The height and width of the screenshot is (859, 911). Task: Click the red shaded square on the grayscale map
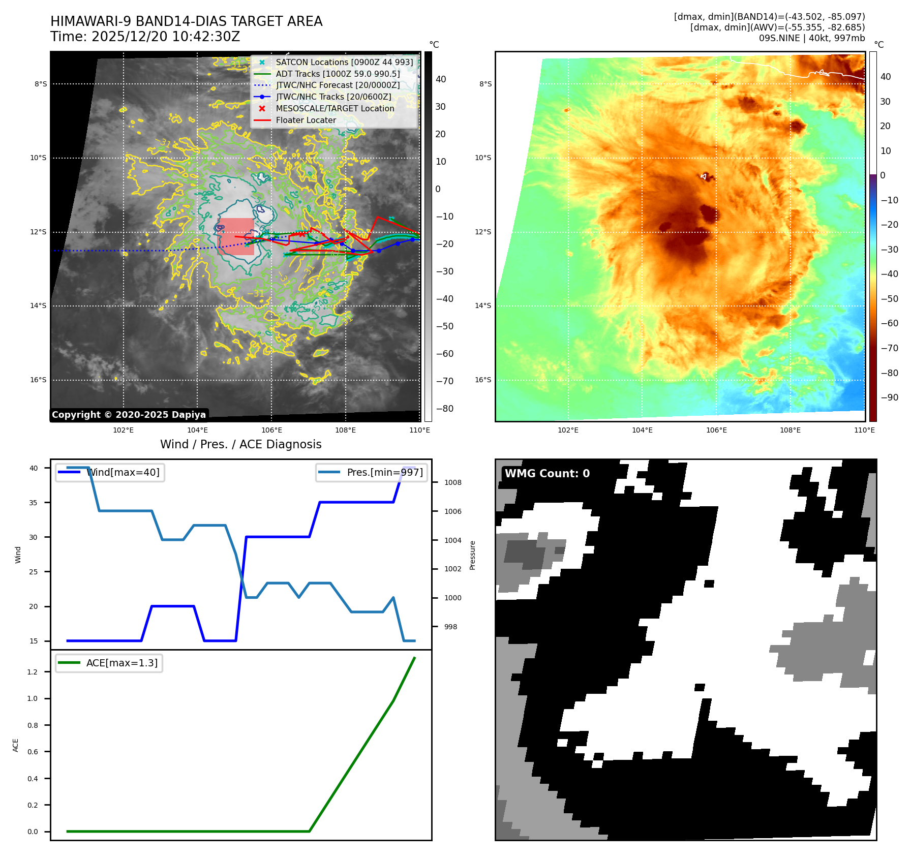236,236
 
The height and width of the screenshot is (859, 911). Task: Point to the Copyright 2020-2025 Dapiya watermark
129,415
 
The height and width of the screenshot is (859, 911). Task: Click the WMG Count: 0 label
547,473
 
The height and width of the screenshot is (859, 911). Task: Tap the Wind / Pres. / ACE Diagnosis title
240,444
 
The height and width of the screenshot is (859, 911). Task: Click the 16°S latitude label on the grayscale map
38,380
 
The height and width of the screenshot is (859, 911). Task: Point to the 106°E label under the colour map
716,430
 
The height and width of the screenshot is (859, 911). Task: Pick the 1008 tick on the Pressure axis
452,482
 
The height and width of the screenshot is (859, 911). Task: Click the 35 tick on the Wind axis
34,502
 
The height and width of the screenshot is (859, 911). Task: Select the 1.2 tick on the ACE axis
33,672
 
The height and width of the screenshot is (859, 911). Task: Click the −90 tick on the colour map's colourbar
889,397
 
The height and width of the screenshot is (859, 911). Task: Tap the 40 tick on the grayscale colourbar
441,79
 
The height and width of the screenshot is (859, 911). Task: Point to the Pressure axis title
472,555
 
